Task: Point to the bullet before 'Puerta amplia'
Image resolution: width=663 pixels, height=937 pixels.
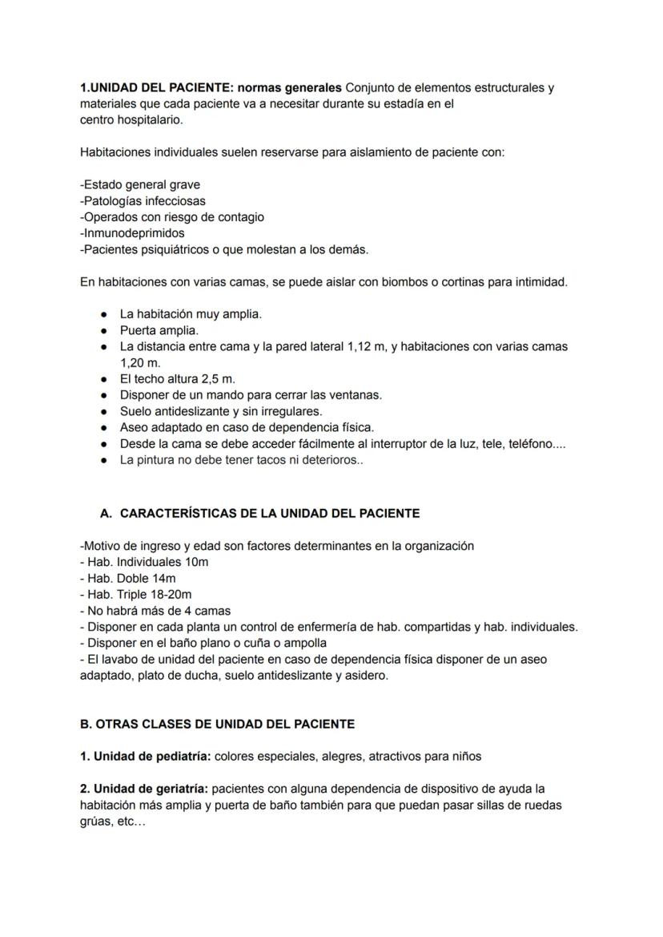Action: pyautogui.click(x=104, y=330)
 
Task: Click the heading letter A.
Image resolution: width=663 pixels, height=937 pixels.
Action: pyautogui.click(x=105, y=513)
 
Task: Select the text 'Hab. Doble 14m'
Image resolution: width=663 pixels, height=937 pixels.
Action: pyautogui.click(x=128, y=578)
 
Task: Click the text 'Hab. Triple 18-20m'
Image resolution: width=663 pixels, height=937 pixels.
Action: pyautogui.click(x=136, y=594)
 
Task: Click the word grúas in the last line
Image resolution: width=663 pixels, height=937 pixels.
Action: pyautogui.click(x=95, y=821)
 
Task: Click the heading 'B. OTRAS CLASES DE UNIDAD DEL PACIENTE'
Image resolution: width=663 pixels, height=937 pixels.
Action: pyautogui.click(x=217, y=724)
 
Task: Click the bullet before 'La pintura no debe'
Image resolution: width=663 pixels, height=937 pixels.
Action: pyautogui.click(x=104, y=460)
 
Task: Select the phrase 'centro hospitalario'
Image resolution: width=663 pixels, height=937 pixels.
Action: pyautogui.click(x=131, y=119)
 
